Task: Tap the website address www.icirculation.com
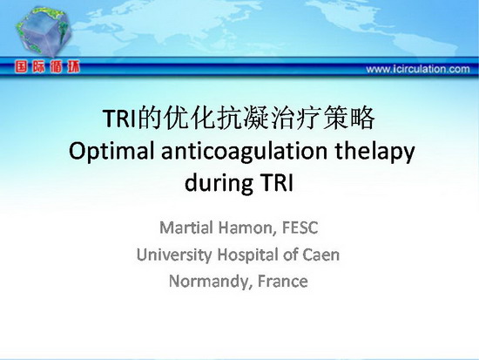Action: (x=418, y=69)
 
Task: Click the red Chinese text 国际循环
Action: (x=47, y=66)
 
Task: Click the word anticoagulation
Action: (x=245, y=151)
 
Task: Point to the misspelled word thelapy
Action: (x=374, y=151)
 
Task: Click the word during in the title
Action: (x=219, y=182)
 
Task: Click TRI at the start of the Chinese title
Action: (x=119, y=119)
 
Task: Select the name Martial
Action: (x=186, y=228)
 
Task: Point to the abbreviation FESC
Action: (x=300, y=228)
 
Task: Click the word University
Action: (x=174, y=255)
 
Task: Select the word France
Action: (x=282, y=281)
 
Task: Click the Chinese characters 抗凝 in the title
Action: (x=244, y=118)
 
